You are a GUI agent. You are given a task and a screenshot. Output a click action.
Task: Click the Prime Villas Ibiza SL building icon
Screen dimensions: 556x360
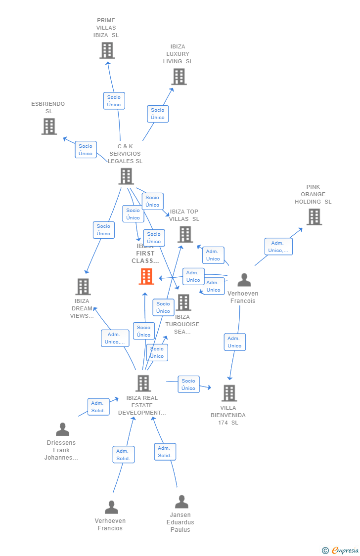[x=107, y=50]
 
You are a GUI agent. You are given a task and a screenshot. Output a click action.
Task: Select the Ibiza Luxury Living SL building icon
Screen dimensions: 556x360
[x=179, y=77]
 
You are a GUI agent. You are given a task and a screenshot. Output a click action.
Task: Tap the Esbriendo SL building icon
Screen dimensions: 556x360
[x=49, y=127]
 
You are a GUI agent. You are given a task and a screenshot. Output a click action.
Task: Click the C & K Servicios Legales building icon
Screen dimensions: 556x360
[x=126, y=176]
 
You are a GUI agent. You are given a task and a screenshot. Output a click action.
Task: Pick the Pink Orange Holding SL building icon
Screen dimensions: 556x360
[x=314, y=217]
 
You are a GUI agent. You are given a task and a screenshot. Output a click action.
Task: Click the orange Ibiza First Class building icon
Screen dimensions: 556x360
[x=146, y=276]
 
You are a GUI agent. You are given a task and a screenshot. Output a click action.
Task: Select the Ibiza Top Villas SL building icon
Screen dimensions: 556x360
[x=185, y=234]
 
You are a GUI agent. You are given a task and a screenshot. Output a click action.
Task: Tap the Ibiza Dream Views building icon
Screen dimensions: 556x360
[x=83, y=287]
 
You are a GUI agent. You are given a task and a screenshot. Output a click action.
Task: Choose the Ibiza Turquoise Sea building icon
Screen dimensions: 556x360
[x=183, y=302]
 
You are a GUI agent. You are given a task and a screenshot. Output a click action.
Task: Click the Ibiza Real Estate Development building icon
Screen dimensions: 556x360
[x=143, y=383]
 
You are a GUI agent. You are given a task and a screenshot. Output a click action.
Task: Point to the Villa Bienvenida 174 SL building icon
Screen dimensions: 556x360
[x=229, y=393]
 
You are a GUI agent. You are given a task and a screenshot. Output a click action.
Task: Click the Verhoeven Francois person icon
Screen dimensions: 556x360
[x=244, y=280]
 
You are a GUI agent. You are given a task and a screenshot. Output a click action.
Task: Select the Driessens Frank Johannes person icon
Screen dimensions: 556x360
[x=62, y=429]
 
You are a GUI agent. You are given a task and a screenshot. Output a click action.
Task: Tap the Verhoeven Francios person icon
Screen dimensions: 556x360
[x=111, y=507]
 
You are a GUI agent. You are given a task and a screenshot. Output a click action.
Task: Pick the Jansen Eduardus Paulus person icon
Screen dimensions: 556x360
[x=181, y=502]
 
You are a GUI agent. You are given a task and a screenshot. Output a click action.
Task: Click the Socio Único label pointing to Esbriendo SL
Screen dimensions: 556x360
[x=86, y=150]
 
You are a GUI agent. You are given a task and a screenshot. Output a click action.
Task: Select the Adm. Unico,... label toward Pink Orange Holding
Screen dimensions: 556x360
[x=278, y=247]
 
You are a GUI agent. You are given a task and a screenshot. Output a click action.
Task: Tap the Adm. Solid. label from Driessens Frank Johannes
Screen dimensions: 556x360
[x=98, y=407]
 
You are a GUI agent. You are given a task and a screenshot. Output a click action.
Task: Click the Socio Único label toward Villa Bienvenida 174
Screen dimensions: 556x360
[x=188, y=385]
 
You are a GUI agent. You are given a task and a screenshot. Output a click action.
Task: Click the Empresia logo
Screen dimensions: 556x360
[x=341, y=550]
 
